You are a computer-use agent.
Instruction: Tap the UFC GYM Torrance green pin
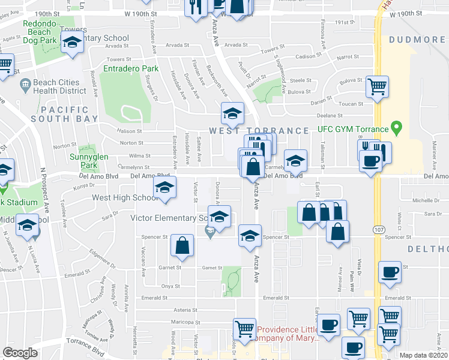point(396,127)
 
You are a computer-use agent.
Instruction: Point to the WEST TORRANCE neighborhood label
point(259,130)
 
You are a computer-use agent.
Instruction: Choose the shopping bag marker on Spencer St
point(181,245)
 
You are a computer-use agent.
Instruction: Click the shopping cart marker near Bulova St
point(377,87)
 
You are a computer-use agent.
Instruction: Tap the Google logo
point(20,353)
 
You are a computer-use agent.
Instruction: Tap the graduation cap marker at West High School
point(164,187)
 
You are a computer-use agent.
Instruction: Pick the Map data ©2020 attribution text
point(424,355)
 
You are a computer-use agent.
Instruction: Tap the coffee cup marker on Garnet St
point(389,272)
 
